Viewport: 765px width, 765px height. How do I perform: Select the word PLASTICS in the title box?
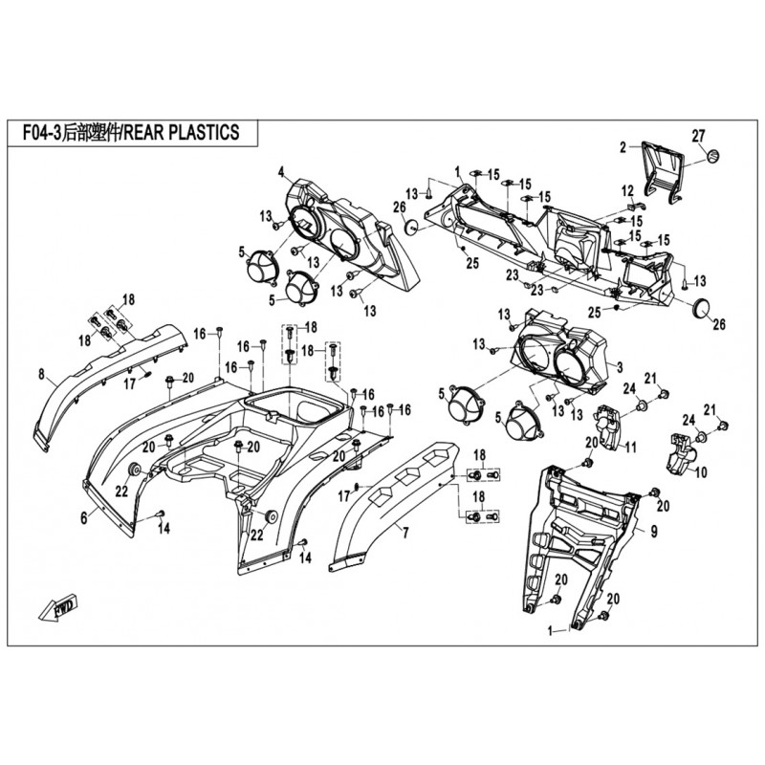point(202,132)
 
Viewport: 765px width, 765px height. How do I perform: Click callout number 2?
point(623,147)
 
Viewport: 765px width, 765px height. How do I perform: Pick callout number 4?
point(281,172)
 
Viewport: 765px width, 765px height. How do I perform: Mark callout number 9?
point(655,529)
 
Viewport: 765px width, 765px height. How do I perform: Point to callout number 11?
point(631,447)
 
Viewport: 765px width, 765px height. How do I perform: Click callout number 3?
point(619,365)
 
